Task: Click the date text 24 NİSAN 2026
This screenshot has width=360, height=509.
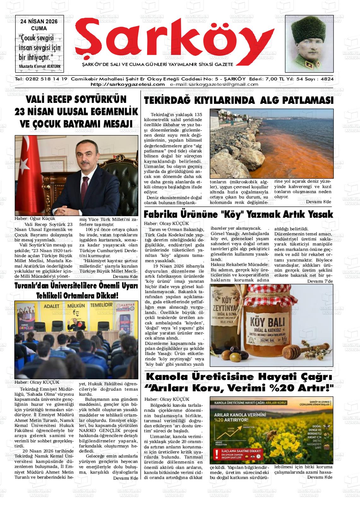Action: pyautogui.click(x=39, y=21)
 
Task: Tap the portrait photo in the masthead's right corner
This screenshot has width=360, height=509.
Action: pyautogui.click(x=309, y=43)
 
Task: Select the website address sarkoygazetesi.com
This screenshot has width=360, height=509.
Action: pyautogui.click(x=128, y=84)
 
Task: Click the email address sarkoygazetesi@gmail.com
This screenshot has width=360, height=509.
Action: pyautogui.click(x=214, y=84)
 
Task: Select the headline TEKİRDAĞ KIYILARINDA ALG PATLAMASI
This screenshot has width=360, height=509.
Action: pyautogui.click(x=238, y=101)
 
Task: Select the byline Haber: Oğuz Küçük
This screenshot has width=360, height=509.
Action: pyautogui.click(x=35, y=218)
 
